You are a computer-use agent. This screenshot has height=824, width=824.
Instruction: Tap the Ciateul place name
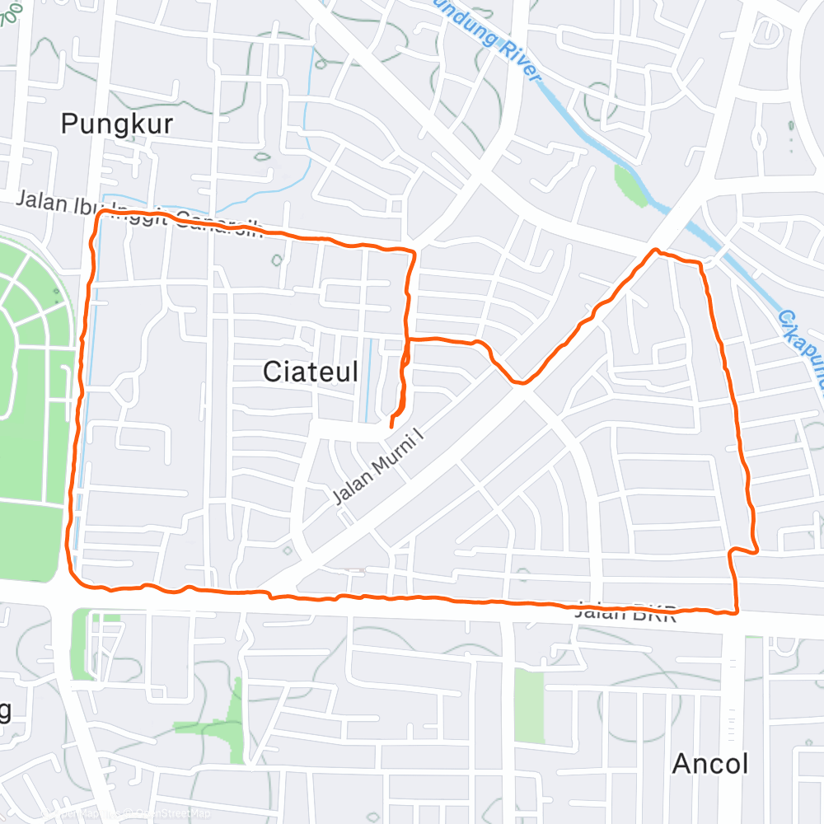(311, 372)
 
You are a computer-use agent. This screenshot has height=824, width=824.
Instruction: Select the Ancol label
(710, 764)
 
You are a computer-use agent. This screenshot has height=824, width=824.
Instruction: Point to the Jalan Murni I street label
(383, 466)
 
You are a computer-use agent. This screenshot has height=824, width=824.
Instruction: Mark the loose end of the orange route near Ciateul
(390, 426)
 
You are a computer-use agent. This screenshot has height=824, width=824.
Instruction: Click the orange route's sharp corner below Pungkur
(101, 213)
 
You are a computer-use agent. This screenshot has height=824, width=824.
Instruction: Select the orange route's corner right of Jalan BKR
(735, 611)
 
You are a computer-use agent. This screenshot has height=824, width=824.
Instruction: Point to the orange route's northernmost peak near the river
(656, 250)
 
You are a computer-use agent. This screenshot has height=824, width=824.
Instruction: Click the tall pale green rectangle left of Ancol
(529, 705)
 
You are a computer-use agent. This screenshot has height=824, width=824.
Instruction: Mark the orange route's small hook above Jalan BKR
(753, 549)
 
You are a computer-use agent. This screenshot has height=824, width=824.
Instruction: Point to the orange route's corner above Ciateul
(412, 250)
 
